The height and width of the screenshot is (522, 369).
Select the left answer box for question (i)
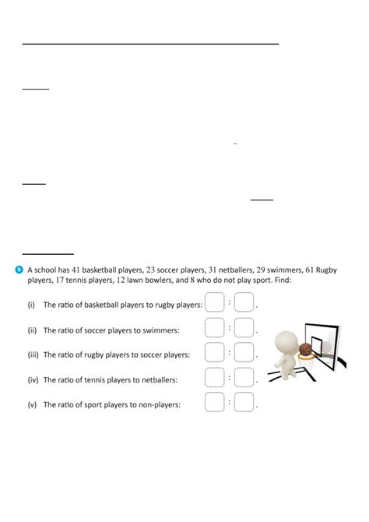[215, 302]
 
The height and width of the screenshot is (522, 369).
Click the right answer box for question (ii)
[244, 327]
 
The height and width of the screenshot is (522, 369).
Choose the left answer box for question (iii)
[215, 352]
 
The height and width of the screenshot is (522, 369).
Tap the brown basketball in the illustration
[306, 351]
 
